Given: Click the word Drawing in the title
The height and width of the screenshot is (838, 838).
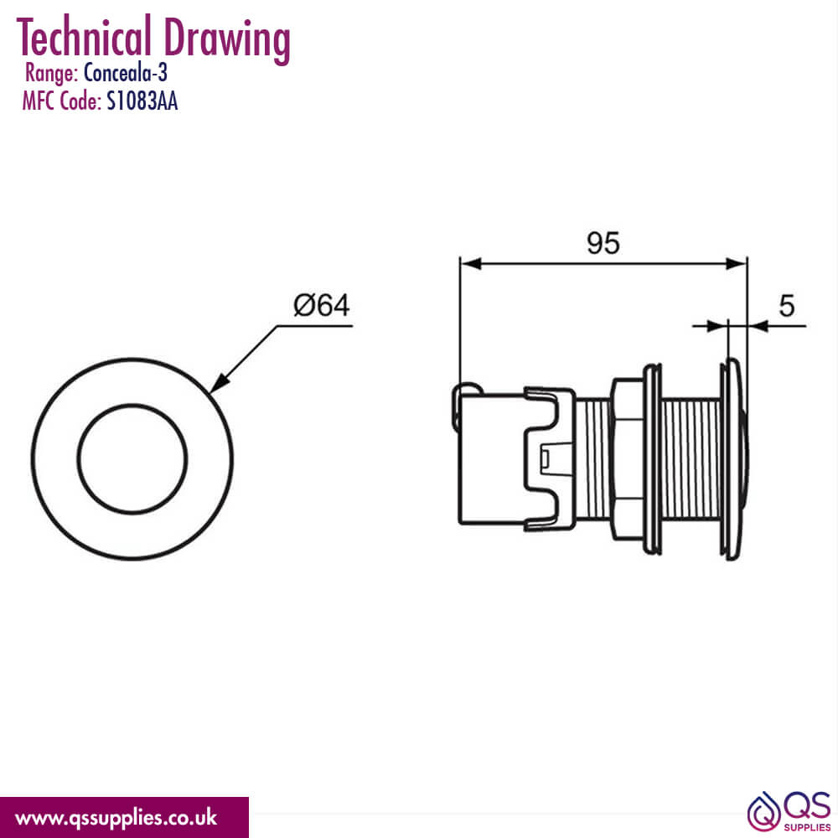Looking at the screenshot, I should coord(228,39).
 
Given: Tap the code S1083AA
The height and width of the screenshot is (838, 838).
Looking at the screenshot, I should coord(142,101).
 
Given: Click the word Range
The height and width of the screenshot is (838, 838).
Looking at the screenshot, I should coord(52,75).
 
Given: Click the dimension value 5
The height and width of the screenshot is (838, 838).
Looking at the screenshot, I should coord(786,306).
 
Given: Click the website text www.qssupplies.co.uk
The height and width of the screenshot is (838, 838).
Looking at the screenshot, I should coord(116,817).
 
